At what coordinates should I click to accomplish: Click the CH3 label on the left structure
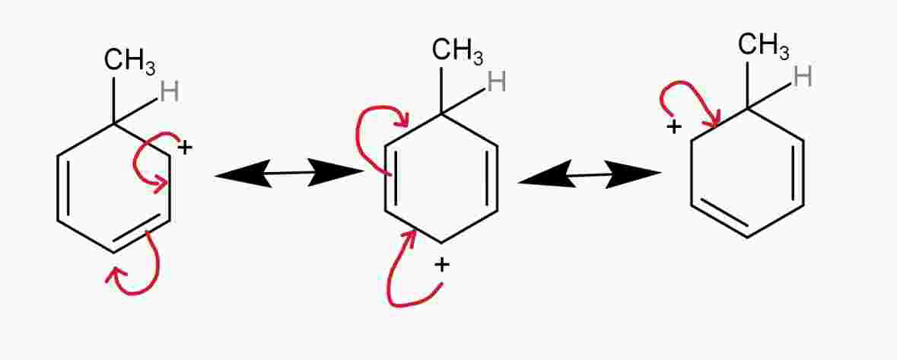[x=129, y=61]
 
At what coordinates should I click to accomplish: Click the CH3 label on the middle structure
[x=457, y=51]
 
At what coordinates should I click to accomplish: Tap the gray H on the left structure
[x=170, y=93]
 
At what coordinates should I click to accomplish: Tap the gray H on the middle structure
[x=497, y=81]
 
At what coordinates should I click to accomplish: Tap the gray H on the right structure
[x=803, y=76]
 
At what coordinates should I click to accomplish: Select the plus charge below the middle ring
[x=442, y=265]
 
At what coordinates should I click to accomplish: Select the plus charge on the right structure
[x=673, y=126]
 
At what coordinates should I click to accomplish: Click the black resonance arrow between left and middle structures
[x=290, y=174]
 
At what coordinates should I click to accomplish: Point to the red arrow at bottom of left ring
[x=141, y=270]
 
